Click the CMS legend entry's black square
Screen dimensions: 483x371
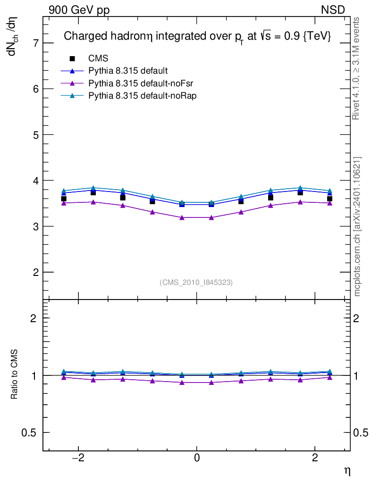point(72,58)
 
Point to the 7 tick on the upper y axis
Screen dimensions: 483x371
point(33,43)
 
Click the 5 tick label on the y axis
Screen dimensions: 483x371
point(33,135)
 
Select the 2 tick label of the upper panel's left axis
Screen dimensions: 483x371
point(33,272)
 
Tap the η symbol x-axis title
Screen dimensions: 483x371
point(347,470)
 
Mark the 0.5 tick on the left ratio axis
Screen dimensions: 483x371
point(29,433)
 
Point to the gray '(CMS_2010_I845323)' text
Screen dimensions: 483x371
point(196,282)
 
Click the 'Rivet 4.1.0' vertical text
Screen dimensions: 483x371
point(356,68)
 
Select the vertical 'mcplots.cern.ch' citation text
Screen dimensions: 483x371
point(357,226)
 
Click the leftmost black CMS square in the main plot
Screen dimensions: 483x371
point(64,199)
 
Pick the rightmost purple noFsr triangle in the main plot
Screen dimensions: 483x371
point(329,203)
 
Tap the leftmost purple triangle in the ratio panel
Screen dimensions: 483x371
point(64,377)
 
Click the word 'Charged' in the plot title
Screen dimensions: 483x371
point(82,36)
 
